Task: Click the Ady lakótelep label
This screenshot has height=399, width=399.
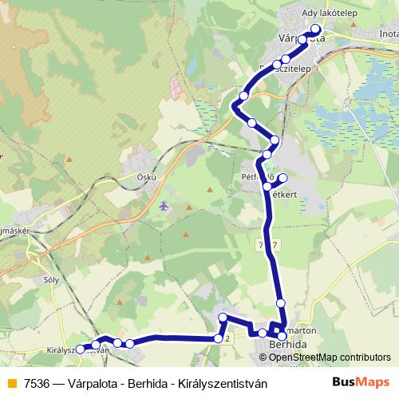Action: coord(330,12)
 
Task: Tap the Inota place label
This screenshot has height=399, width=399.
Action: coord(389,34)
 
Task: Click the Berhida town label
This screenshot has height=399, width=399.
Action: coord(287,343)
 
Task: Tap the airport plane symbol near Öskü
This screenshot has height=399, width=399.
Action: coord(164,206)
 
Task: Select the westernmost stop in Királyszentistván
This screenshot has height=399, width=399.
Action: coord(80,349)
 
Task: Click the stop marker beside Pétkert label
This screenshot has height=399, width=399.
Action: coord(282,177)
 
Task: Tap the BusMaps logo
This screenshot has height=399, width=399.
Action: coord(361,381)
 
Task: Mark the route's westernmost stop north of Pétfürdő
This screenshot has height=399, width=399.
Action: coord(237,107)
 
